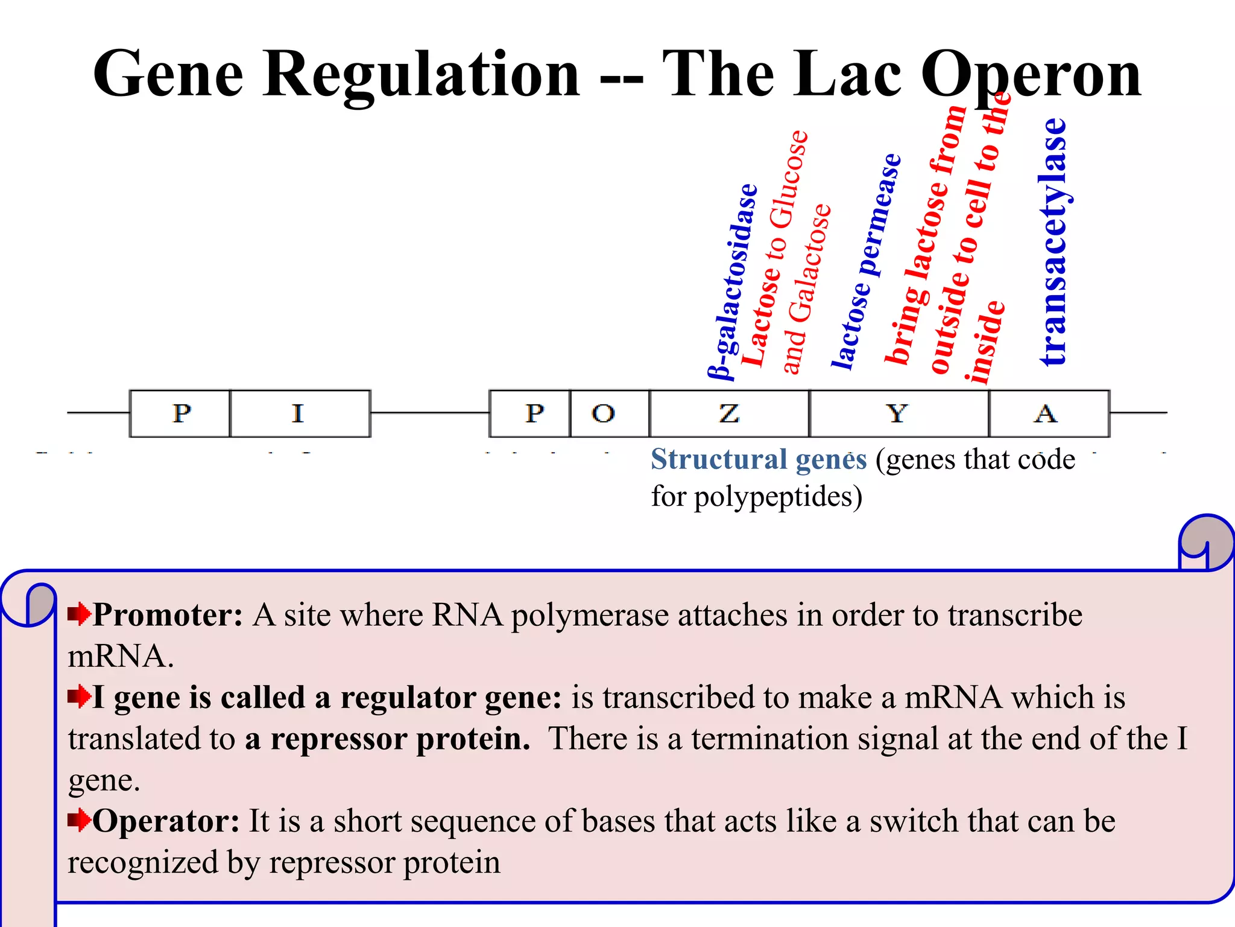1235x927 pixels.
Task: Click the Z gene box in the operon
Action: [729, 413]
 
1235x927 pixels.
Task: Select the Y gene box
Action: [899, 413]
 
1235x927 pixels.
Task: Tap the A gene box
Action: [1048, 413]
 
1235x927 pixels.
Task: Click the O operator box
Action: [609, 413]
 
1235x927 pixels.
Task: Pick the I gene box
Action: [300, 413]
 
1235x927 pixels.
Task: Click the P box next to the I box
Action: [180, 413]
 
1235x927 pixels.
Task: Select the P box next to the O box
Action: [529, 413]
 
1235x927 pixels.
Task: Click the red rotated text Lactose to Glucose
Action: [774, 247]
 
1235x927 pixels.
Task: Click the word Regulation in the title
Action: [421, 74]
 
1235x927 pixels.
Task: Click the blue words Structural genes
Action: [759, 459]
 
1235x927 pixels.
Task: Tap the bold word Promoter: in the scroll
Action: [168, 615]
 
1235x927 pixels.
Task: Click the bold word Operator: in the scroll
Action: [166, 821]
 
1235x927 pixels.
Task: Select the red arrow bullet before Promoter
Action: [79, 615]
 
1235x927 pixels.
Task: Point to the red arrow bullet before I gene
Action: [79, 697]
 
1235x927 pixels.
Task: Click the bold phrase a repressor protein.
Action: [388, 739]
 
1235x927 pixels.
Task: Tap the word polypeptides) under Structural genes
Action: [778, 497]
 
